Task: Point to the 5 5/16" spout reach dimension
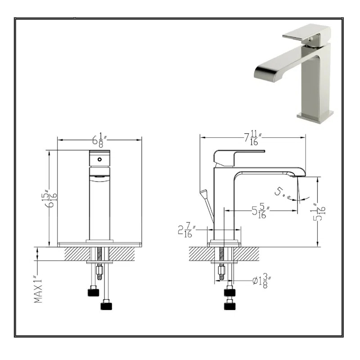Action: pyautogui.click(x=261, y=211)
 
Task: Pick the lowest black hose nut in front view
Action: pyautogui.click(x=106, y=306)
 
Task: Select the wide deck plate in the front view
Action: pyautogui.click(x=100, y=244)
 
